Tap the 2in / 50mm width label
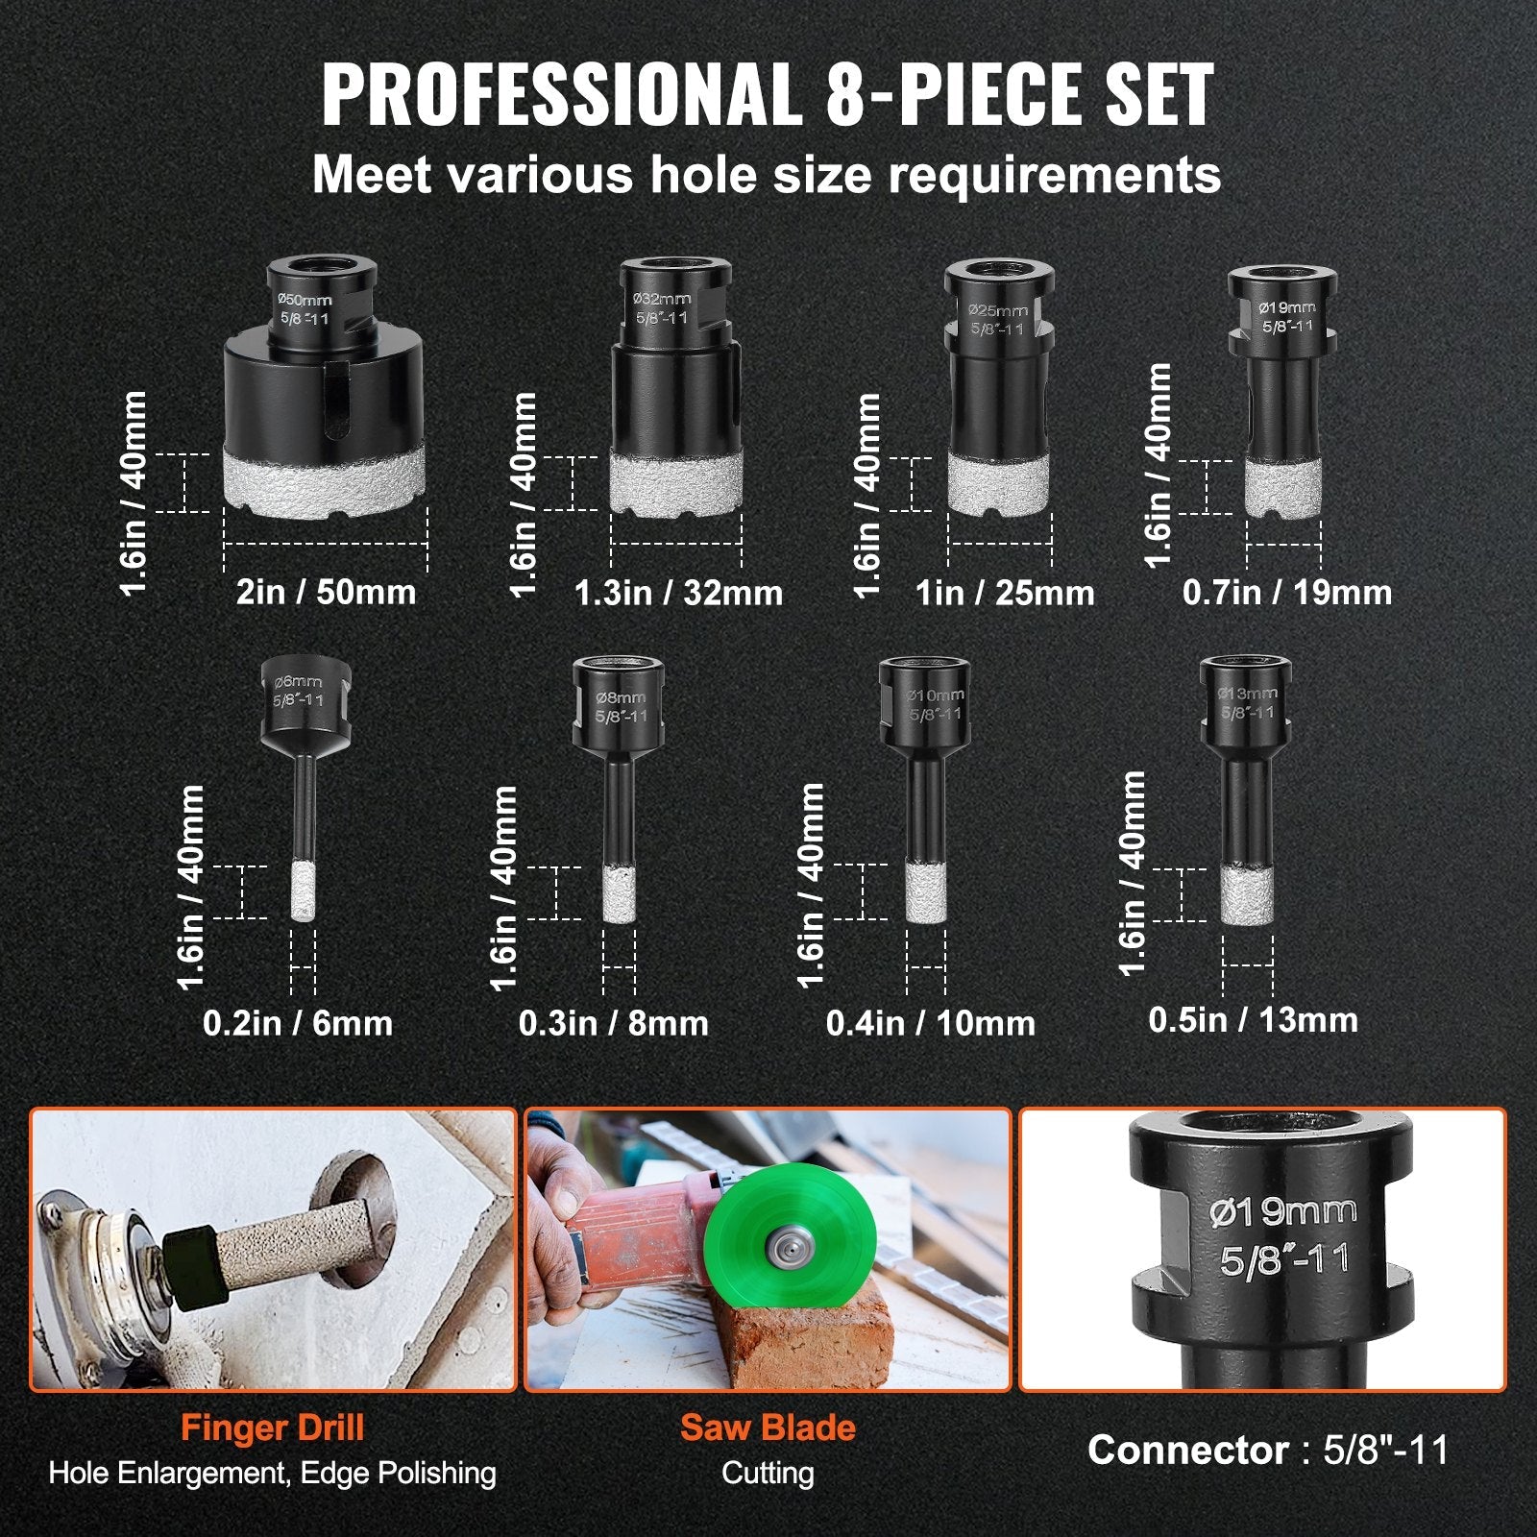point(327,592)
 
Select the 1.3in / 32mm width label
point(678,593)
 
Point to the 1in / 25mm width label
point(1005,593)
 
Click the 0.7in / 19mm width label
point(1287,592)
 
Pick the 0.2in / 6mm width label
point(298,1023)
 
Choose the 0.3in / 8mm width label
point(614,1023)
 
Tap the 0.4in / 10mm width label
point(931,1023)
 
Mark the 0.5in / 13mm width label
point(1254,1020)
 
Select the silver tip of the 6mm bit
point(304,893)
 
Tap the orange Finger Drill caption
point(273,1427)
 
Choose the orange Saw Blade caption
point(768,1427)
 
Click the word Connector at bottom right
point(1188,1450)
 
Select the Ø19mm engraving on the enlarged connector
point(1283,1212)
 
